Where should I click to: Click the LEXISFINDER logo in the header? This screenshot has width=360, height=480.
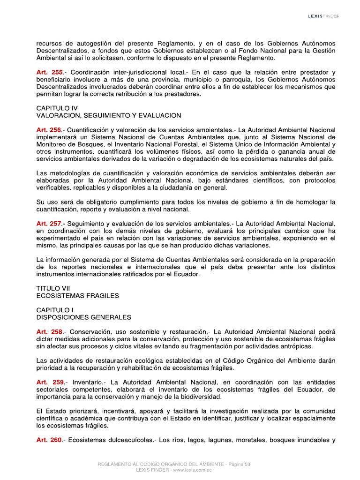(x=323, y=16)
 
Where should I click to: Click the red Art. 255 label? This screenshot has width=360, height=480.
(x=49, y=72)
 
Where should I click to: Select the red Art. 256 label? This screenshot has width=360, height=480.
(x=49, y=130)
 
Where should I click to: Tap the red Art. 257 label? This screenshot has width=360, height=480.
(x=49, y=224)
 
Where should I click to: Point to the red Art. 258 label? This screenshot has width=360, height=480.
(x=49, y=332)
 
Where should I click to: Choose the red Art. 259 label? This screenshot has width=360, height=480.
(x=49, y=382)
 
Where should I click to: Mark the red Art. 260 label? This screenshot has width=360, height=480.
(x=49, y=440)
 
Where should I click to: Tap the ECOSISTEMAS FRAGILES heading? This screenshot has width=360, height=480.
(x=77, y=296)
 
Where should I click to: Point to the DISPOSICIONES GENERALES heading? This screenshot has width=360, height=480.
(x=83, y=317)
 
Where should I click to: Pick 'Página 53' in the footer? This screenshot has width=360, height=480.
(x=240, y=464)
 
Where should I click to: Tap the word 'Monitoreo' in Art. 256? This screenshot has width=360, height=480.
(x=53, y=144)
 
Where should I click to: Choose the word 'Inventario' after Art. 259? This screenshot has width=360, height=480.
(x=89, y=382)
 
